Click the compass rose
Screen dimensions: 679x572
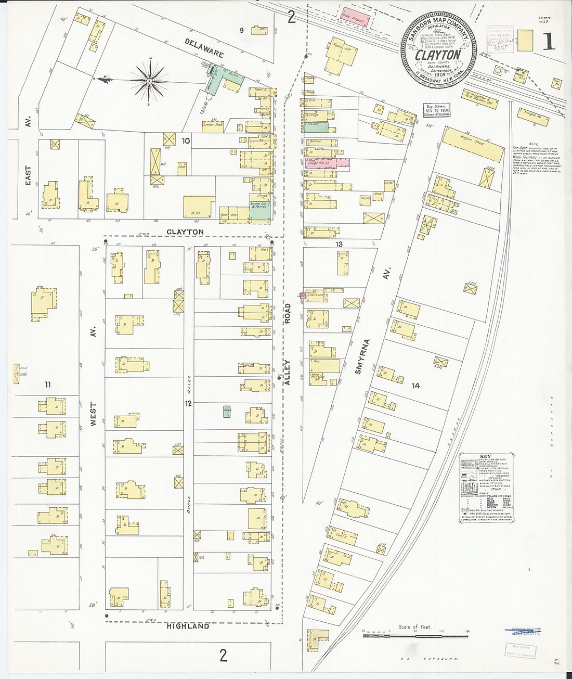point(150,81)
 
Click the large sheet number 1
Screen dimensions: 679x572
point(548,41)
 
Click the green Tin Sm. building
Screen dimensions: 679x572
point(317,127)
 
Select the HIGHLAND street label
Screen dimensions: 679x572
point(188,626)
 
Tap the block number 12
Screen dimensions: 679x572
point(188,403)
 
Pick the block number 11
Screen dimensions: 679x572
point(47,385)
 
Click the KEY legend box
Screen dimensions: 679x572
point(487,487)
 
